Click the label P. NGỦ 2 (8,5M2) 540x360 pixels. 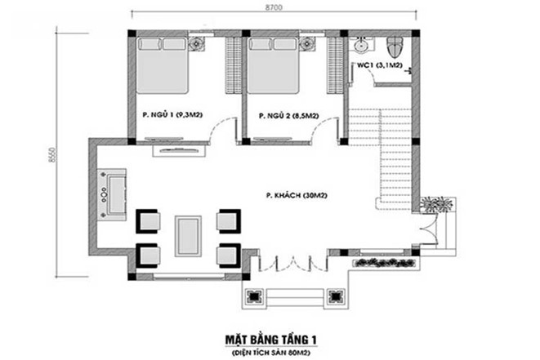click(x=287, y=116)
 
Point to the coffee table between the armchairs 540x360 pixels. click(x=189, y=236)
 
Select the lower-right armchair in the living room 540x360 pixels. click(x=228, y=256)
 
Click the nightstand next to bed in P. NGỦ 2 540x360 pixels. click(x=308, y=46)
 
